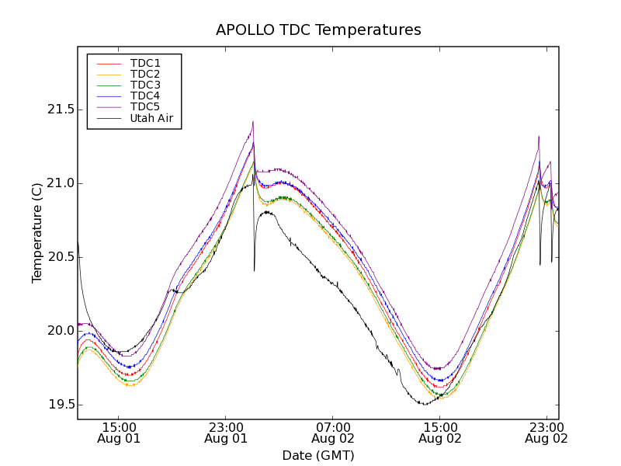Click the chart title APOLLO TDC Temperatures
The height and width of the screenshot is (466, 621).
(318, 30)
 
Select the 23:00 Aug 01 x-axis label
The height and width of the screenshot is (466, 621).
(227, 433)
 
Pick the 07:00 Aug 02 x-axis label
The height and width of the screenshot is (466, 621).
(333, 433)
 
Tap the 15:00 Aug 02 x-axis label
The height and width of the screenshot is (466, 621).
(439, 433)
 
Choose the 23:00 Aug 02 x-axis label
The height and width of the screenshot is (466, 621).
(546, 433)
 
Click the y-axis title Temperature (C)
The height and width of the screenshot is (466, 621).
(37, 232)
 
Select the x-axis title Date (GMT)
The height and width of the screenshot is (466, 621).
(318, 455)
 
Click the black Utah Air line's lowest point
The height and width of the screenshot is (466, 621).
(425, 404)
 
